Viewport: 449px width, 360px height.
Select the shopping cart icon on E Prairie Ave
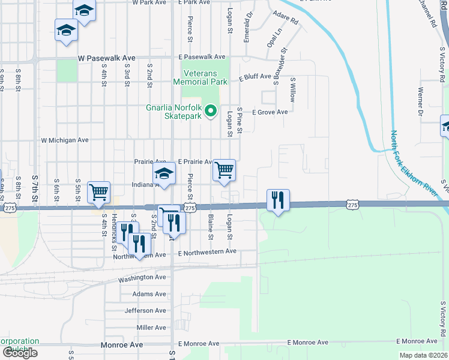(224, 170)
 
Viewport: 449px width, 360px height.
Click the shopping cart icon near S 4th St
(98, 192)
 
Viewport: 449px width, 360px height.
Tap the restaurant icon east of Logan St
(278, 200)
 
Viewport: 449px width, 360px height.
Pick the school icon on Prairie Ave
(164, 174)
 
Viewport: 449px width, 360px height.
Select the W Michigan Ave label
(64, 140)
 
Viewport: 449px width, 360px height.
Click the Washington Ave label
(142, 278)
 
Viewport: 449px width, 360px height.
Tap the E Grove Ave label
(270, 112)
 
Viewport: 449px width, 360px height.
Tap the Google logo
(20, 353)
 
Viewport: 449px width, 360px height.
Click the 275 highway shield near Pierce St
(190, 207)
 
